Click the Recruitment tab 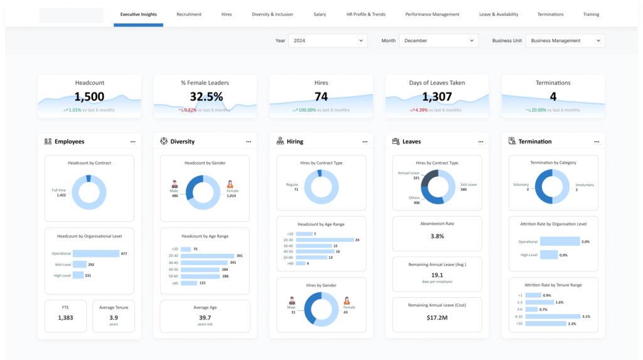pos(189,14)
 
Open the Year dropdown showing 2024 pos(328,41)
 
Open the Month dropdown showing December pos(438,41)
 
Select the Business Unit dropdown pos(565,41)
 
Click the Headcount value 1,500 pos(89,97)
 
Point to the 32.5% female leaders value pos(206,97)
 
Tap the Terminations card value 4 pos(553,97)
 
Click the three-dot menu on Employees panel pos(132,142)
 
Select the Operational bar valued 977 pos(96,254)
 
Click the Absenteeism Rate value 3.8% pos(437,236)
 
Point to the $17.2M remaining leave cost pos(437,318)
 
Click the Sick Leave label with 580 pos(468,187)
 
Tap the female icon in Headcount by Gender pos(230,185)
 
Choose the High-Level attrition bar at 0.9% pos(548,254)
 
